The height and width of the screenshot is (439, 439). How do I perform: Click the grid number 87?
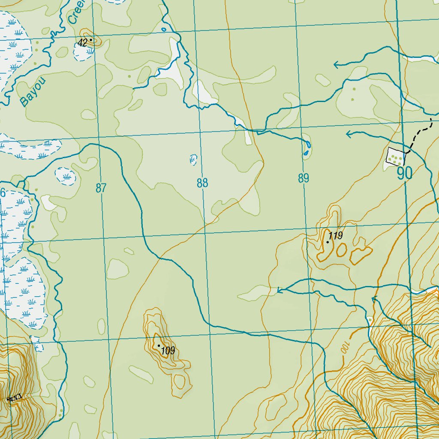pos(101,188)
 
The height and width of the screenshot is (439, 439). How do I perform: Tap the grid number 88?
pos(202,183)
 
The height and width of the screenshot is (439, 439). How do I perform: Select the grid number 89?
pos(304,178)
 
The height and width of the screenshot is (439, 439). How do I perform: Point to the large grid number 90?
pos(404,174)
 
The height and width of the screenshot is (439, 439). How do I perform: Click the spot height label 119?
pos(336,235)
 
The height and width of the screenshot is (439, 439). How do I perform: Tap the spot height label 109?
pos(168,351)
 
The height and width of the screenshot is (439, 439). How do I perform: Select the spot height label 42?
pos(82,42)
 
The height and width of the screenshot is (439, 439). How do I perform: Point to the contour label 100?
pos(345,347)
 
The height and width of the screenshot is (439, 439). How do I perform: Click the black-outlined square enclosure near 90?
pos(396,156)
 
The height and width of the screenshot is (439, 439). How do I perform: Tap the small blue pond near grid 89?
pos(306,152)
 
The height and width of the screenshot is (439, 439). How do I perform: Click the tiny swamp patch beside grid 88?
pos(193,159)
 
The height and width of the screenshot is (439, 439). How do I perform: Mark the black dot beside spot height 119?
pos(328,242)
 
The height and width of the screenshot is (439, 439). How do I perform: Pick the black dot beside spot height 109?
pos(159,346)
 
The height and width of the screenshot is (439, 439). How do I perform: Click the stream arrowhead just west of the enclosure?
pos(349,135)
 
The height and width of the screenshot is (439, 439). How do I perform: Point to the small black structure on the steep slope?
pos(14,398)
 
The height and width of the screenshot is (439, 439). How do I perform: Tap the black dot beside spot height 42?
pos(90,40)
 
